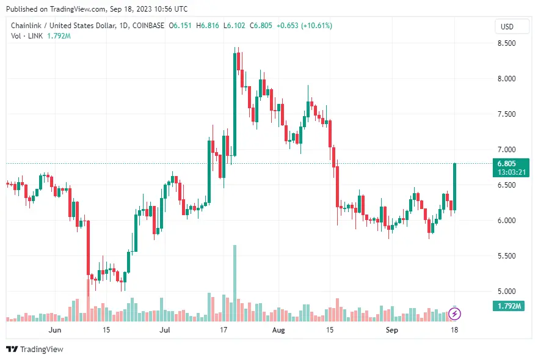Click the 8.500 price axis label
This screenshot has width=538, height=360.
click(x=507, y=43)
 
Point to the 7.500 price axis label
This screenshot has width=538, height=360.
click(x=507, y=114)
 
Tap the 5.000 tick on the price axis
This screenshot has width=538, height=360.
click(x=507, y=291)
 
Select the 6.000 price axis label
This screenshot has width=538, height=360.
click(x=507, y=220)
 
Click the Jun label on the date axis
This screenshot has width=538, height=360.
click(x=55, y=330)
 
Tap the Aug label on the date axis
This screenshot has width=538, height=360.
click(x=278, y=330)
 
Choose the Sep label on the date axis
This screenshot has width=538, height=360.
click(x=392, y=330)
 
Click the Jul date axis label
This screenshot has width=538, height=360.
click(x=165, y=330)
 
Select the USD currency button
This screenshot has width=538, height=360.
click(x=507, y=27)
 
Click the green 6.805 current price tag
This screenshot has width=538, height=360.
click(x=507, y=164)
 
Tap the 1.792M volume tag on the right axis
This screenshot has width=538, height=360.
click(x=508, y=306)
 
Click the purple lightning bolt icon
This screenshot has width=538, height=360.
click(x=455, y=314)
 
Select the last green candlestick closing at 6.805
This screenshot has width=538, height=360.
click(x=455, y=187)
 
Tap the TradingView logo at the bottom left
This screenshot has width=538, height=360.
click(x=35, y=350)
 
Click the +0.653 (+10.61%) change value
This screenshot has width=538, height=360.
click(x=304, y=26)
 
